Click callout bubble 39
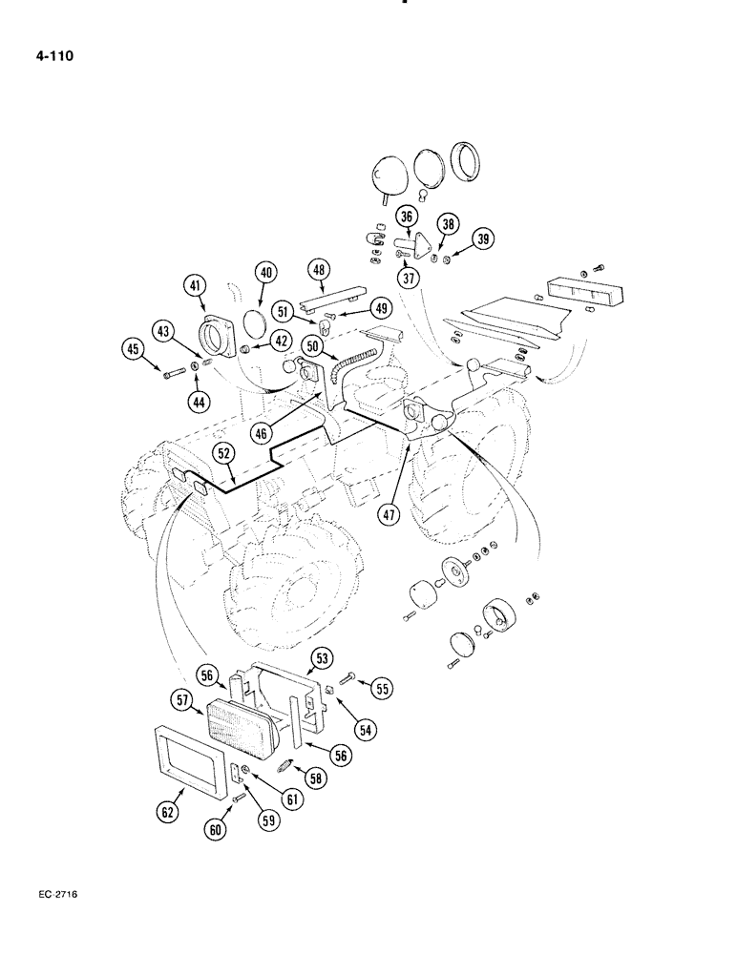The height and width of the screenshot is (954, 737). click(484, 239)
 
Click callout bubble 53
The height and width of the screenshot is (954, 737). click(320, 658)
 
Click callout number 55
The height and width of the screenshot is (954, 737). click(382, 687)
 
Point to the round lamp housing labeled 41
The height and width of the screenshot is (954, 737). click(222, 339)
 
